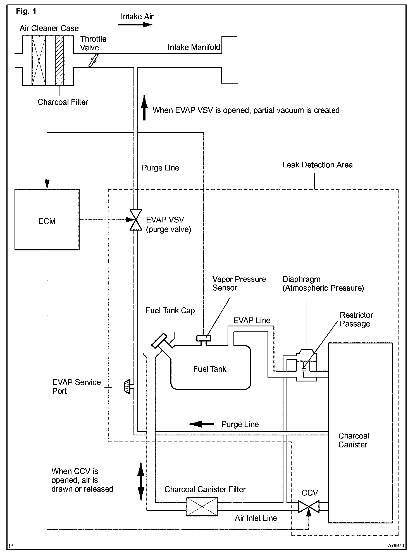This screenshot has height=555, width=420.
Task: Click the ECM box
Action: (47, 219)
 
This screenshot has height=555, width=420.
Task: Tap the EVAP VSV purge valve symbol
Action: (136, 220)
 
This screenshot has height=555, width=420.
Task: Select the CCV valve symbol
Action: (309, 507)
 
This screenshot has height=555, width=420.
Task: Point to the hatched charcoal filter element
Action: (59, 60)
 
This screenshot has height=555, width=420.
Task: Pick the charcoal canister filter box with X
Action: (202, 506)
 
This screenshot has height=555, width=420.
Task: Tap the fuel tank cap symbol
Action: (160, 341)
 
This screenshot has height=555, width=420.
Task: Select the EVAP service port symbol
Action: (127, 387)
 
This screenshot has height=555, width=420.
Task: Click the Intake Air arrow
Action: (135, 25)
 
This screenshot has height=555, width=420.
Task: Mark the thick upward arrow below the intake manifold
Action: (144, 108)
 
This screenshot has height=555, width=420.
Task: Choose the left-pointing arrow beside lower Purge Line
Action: (201, 424)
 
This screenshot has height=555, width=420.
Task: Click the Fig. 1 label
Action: (26, 11)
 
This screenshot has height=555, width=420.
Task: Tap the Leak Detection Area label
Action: (318, 165)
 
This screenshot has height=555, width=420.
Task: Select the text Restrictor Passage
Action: (356, 319)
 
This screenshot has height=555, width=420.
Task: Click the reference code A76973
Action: (396, 545)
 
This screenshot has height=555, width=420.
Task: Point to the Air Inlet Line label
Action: (256, 518)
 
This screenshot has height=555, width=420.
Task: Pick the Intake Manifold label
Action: (194, 47)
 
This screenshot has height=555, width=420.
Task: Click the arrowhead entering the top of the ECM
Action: (47, 184)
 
